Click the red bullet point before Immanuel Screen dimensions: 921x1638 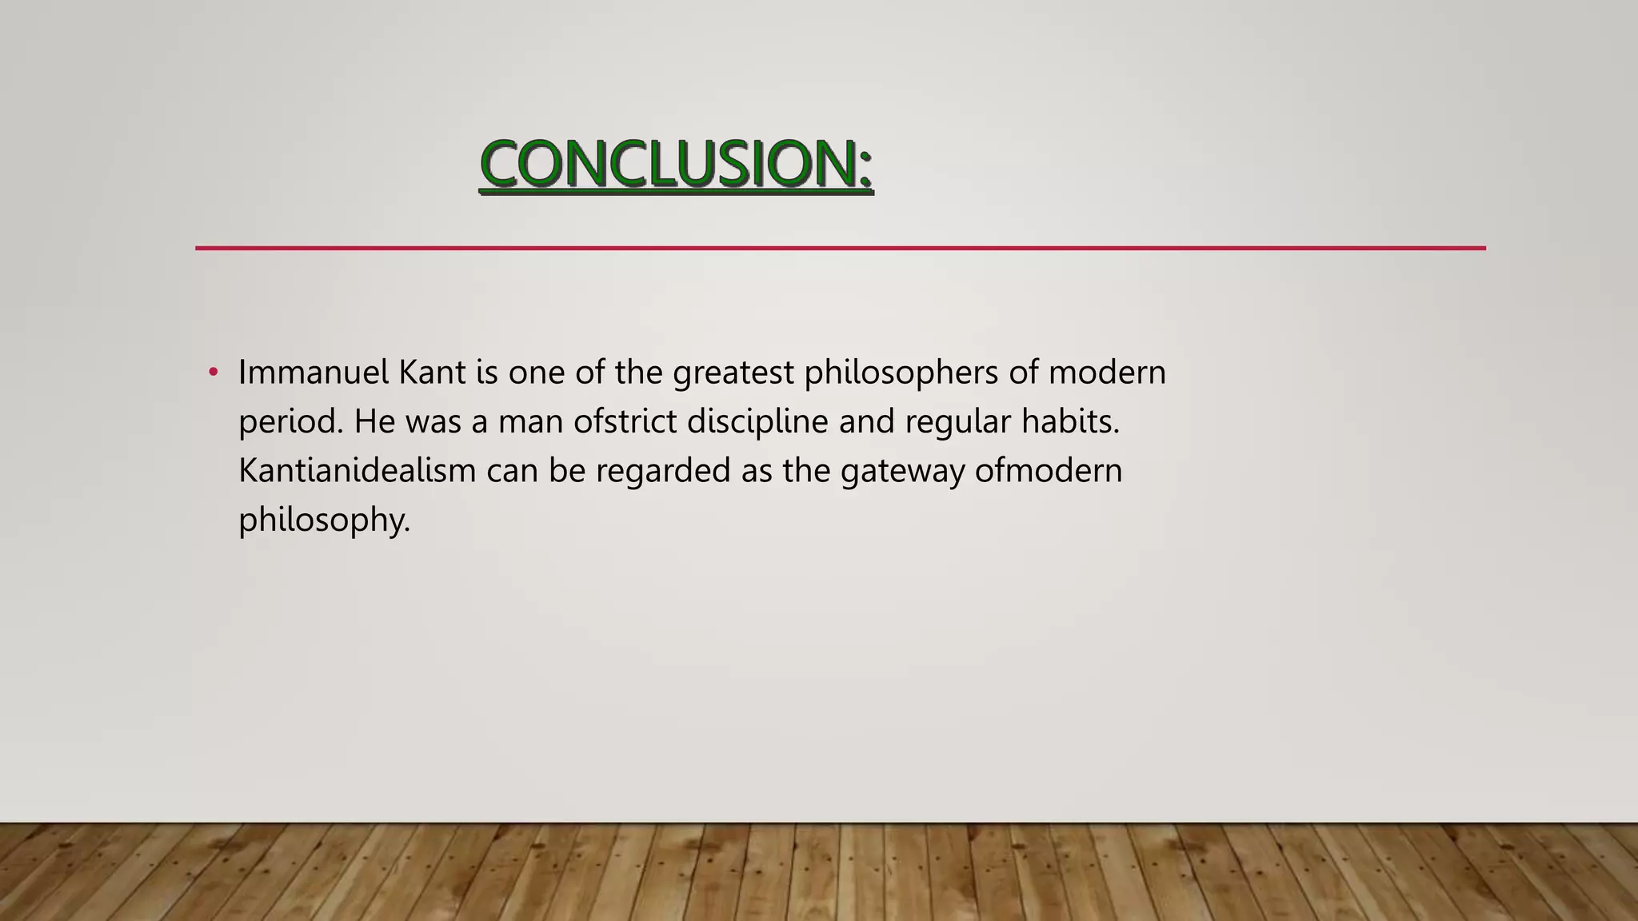pos(213,373)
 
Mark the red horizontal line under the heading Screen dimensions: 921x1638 pos(840,249)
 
